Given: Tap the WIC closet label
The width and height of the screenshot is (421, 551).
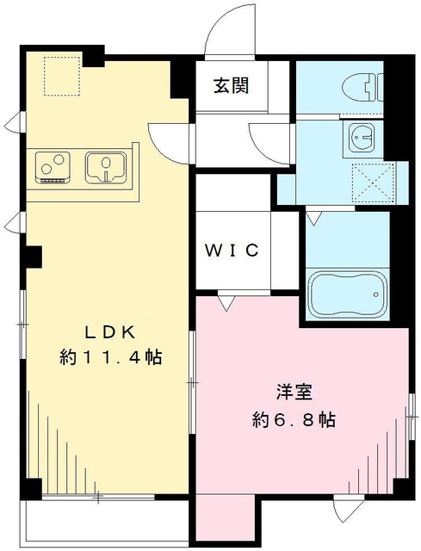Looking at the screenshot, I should (232, 251).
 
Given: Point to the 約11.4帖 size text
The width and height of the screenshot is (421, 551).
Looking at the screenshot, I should (111, 356).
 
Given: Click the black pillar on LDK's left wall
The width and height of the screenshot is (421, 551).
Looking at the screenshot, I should (34, 256).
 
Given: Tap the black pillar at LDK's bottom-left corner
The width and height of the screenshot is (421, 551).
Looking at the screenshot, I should (31, 487).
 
